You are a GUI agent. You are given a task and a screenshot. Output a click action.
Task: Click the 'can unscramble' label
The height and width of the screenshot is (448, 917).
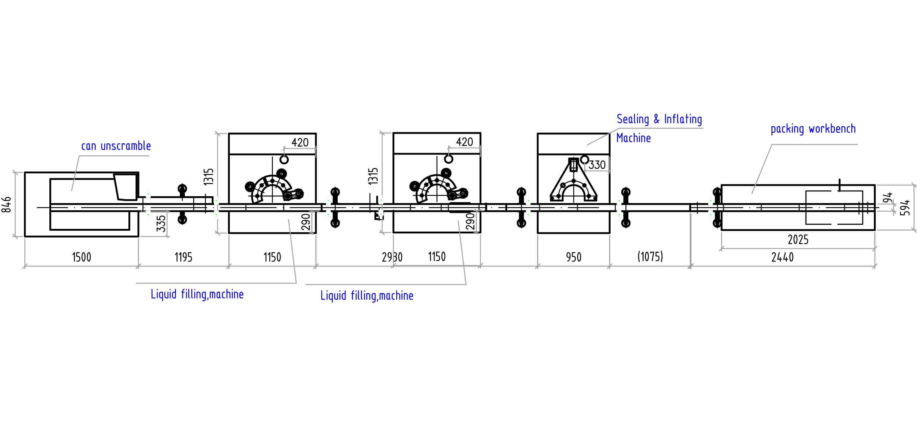click(116, 146)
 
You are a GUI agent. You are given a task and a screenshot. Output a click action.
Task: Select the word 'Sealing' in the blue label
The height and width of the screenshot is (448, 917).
click(633, 119)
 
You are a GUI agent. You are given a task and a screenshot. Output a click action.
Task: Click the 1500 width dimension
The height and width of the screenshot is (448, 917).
click(81, 257)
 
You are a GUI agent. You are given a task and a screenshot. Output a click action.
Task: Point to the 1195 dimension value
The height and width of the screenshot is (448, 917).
click(183, 257)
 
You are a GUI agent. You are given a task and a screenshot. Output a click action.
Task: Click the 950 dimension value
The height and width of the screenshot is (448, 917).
click(573, 257)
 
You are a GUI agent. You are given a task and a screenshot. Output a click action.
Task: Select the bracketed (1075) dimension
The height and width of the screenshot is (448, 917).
click(650, 257)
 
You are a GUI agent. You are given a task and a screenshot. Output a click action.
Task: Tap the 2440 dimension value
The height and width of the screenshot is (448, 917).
click(782, 257)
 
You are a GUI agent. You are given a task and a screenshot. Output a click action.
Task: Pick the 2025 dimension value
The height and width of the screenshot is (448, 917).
click(798, 240)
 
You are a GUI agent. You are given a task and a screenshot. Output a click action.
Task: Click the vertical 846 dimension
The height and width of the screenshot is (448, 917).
click(7, 205)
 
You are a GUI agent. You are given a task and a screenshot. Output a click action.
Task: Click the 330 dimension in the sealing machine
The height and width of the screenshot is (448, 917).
click(597, 165)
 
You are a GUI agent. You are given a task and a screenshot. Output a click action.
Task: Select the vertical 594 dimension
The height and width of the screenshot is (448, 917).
click(905, 208)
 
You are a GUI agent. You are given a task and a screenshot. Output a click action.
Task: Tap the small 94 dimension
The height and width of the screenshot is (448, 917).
click(889, 198)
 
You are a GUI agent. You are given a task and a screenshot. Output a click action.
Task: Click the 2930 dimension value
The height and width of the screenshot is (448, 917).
click(392, 257)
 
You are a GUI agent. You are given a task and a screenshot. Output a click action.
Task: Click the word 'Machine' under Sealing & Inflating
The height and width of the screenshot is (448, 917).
click(633, 138)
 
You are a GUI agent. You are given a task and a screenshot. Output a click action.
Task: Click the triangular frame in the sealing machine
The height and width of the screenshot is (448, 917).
click(573, 182)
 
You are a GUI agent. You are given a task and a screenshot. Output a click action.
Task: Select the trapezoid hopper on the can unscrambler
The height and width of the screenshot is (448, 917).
click(125, 187)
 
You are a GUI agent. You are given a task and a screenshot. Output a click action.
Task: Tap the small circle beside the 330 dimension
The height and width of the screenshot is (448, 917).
click(584, 160)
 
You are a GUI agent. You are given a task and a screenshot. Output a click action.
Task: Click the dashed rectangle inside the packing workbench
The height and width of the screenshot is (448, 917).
click(834, 208)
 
